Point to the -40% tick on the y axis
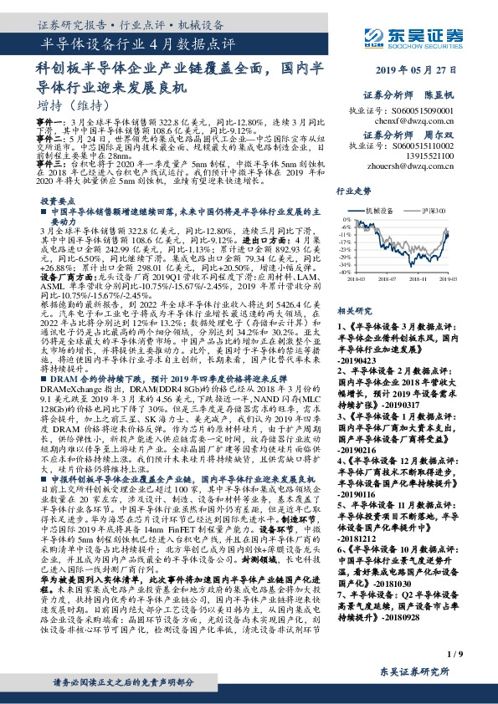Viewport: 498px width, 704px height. coord(345,271)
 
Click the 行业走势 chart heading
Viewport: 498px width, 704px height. coord(352,191)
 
